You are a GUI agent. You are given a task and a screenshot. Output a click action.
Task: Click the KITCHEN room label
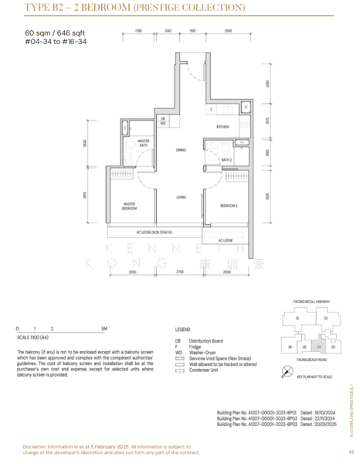click(222, 126)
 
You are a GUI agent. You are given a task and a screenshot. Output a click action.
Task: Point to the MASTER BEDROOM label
click(130, 206)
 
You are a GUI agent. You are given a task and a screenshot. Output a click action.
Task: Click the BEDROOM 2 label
click(227, 206)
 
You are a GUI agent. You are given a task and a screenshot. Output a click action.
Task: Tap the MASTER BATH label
click(143, 143)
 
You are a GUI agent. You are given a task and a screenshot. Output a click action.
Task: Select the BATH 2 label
click(226, 159)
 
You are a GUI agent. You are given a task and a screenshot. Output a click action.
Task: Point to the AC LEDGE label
click(225, 240)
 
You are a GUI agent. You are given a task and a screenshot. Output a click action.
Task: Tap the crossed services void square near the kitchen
click(246, 107)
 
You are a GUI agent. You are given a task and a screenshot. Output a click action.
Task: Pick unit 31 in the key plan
click(297, 318)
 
